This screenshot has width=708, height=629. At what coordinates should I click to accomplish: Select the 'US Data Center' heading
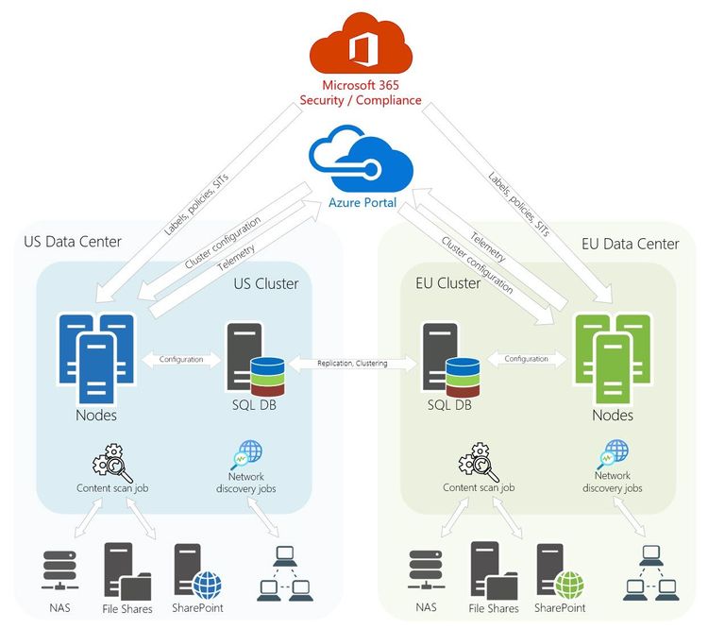73,242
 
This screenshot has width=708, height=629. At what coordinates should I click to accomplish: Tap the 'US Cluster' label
265,283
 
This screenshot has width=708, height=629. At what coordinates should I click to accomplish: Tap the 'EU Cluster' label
448,283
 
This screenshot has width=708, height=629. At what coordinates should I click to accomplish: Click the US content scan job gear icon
112,463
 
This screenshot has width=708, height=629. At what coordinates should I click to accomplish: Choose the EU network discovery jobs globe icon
615,452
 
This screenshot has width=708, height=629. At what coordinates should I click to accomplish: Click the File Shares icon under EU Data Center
488,569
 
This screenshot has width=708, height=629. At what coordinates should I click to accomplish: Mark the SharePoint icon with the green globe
559,570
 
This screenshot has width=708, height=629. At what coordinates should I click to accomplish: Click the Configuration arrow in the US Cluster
181,359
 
